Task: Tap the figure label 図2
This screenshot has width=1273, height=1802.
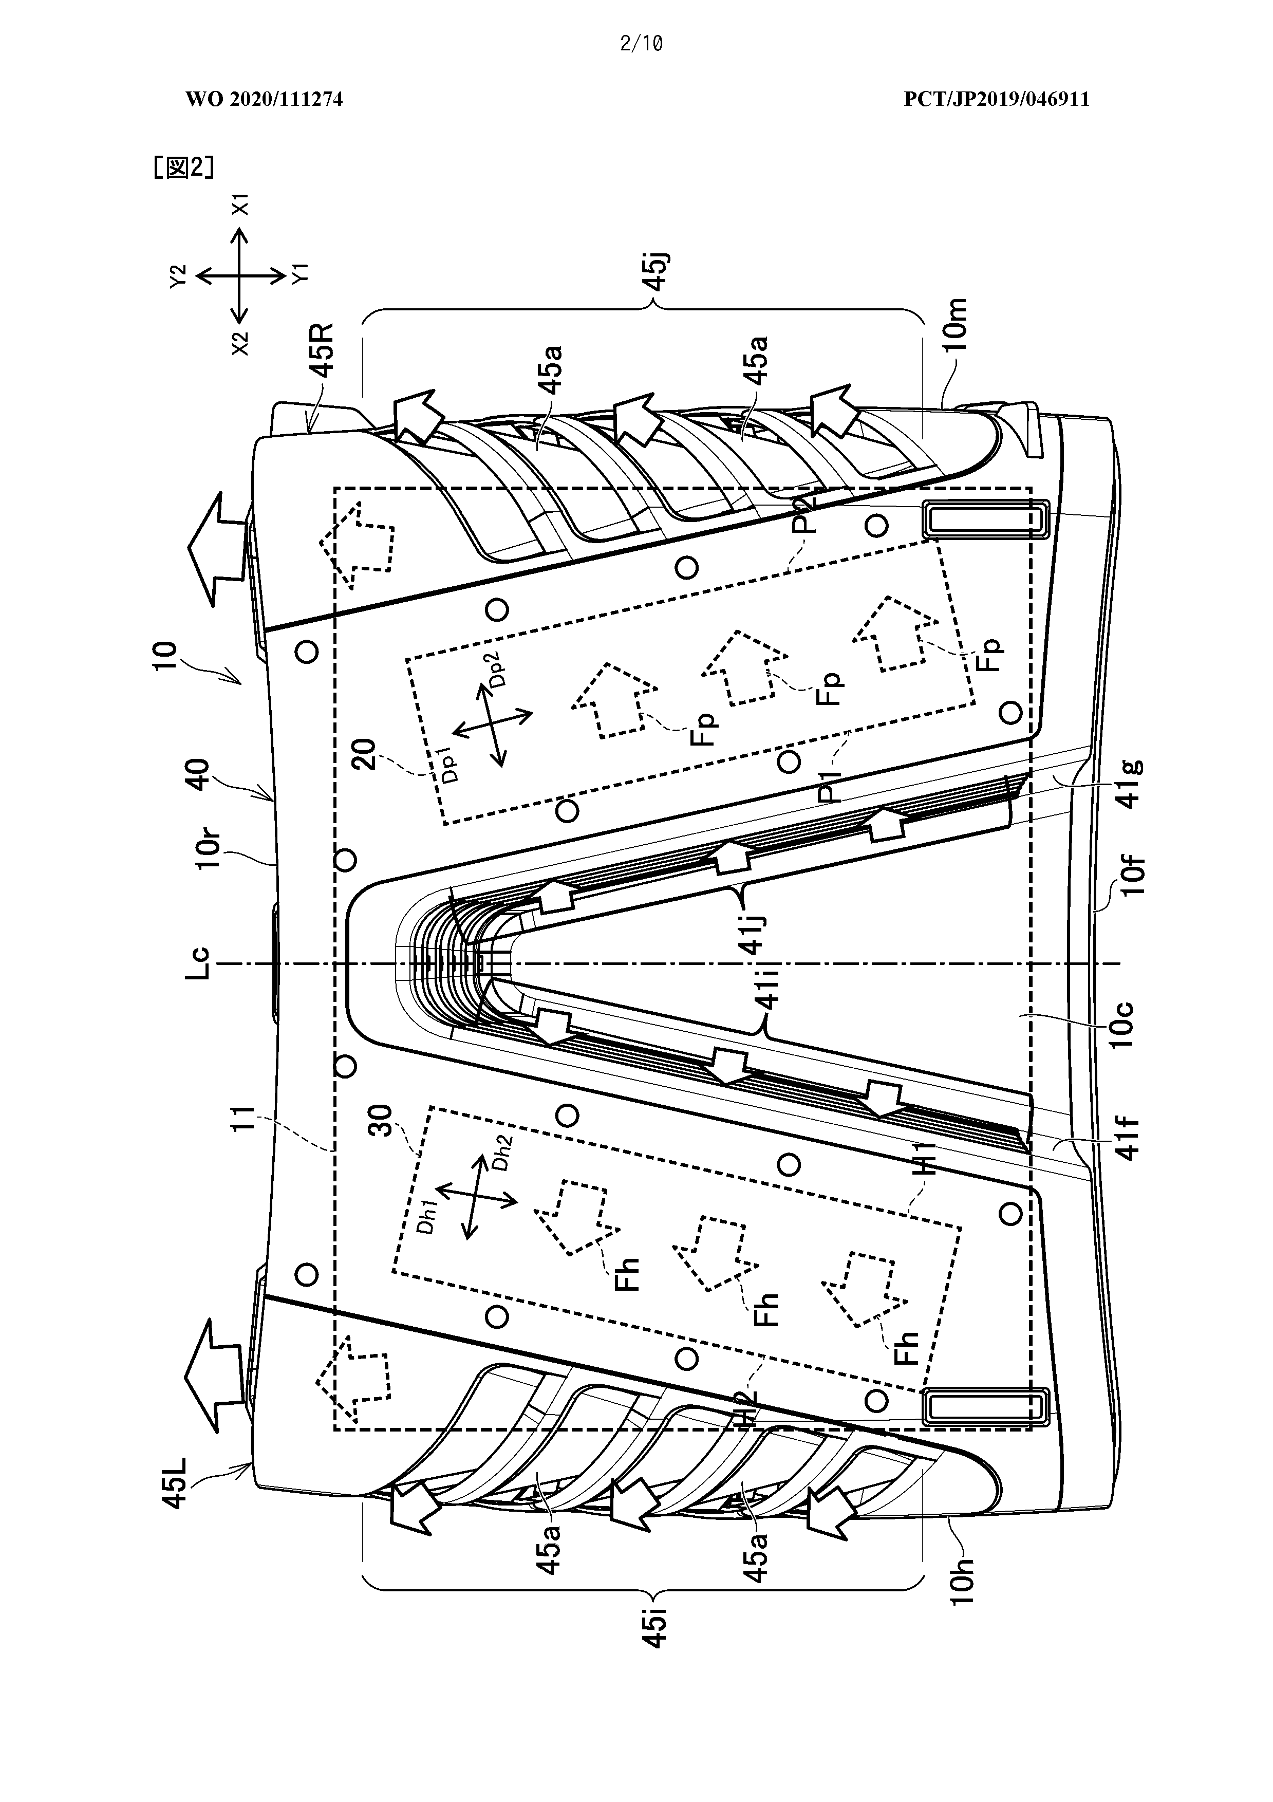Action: click(x=183, y=167)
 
